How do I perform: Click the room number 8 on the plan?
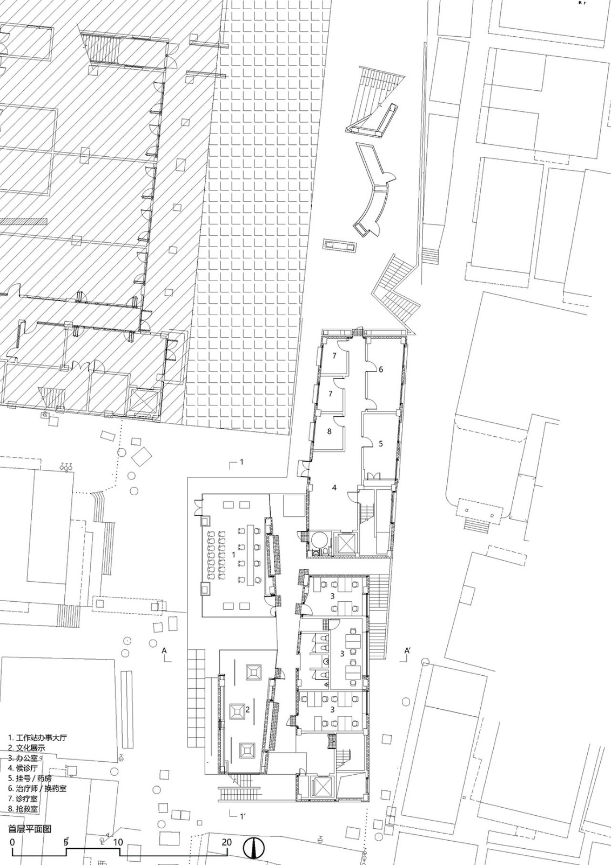329,431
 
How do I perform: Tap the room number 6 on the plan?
381,370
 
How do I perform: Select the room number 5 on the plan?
381,444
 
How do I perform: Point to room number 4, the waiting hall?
334,488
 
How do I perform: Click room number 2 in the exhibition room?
248,709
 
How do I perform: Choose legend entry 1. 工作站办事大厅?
37,737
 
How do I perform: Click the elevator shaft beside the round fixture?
345,544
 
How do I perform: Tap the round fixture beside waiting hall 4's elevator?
320,540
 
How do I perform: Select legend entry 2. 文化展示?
26,747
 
